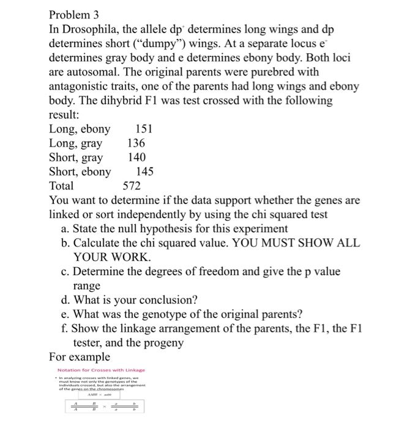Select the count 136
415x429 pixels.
(x=136, y=143)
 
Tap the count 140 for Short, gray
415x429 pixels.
(x=136, y=157)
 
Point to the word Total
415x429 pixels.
(x=61, y=186)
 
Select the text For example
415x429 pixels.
(x=80, y=357)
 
